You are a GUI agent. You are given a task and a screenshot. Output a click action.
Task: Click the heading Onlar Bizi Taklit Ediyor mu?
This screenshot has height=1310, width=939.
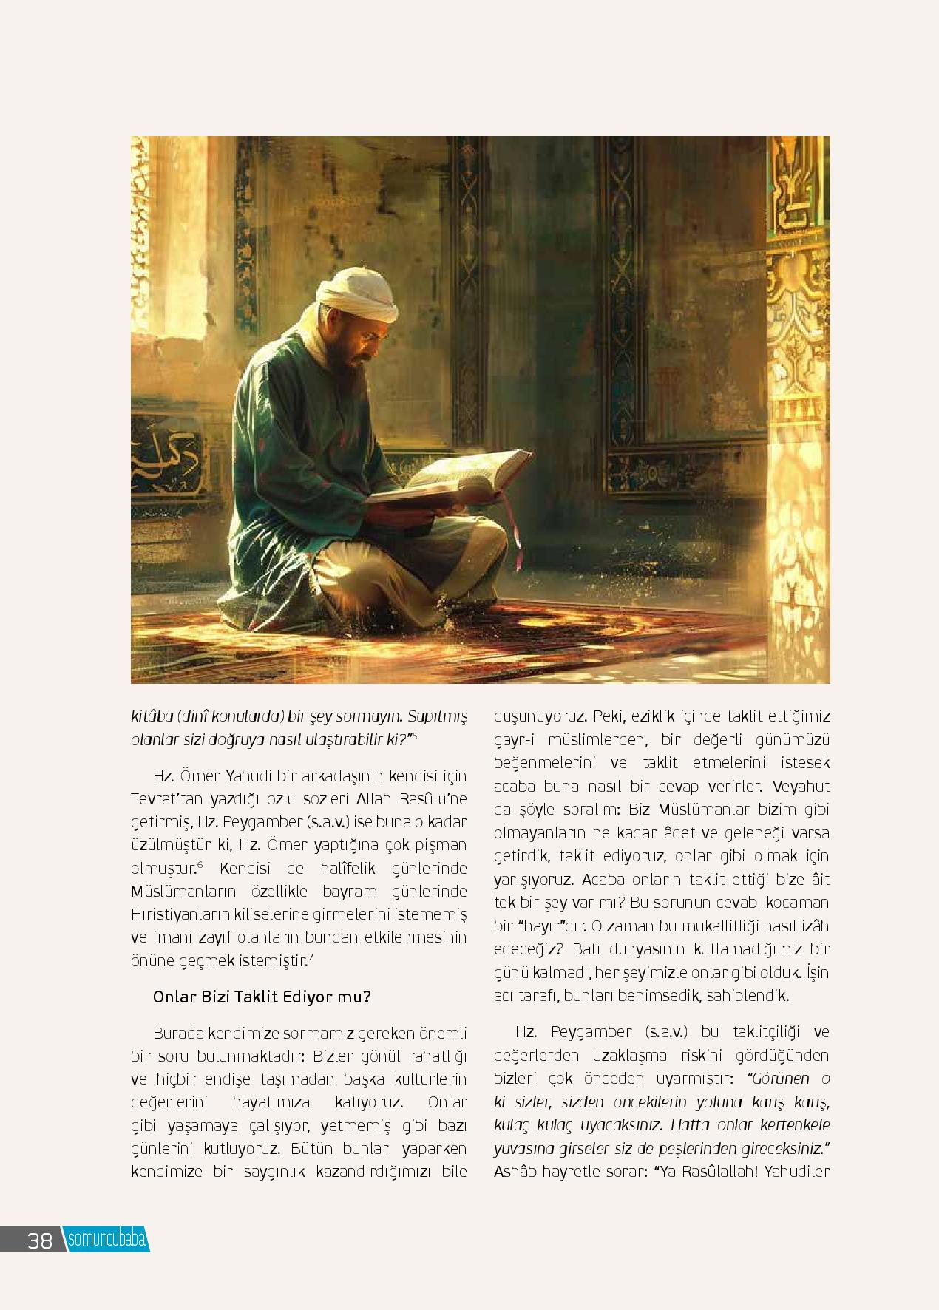pyautogui.click(x=262, y=997)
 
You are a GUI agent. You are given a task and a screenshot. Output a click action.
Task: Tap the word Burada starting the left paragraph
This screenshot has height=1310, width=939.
pyautogui.click(x=177, y=1032)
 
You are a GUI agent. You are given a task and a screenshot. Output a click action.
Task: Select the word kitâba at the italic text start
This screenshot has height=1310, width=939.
pyautogui.click(x=153, y=716)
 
